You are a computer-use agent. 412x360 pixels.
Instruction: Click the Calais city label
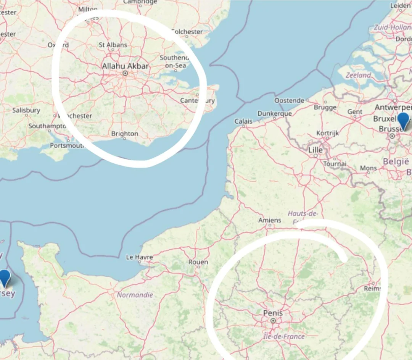point(243,121)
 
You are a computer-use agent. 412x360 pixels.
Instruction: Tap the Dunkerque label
point(274,113)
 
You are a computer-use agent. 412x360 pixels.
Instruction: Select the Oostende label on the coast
point(289,100)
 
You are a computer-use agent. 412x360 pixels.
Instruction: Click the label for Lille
point(315,150)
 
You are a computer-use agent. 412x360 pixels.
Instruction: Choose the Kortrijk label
point(327,133)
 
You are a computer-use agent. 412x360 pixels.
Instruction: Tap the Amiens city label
point(270,220)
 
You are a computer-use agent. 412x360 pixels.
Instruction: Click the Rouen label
point(198,262)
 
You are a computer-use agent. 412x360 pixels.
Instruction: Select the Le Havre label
point(139,257)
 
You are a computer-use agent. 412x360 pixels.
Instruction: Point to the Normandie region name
point(135,295)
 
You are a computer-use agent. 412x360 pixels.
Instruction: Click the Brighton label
point(124,134)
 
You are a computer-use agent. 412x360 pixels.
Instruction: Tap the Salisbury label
point(26,110)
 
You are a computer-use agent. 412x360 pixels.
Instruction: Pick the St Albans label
point(113,45)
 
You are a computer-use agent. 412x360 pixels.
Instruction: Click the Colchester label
point(187,32)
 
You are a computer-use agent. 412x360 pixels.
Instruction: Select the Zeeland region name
point(358,75)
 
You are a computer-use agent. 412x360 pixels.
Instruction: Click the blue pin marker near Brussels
point(403,121)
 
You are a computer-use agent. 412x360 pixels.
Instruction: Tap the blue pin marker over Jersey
point(5,278)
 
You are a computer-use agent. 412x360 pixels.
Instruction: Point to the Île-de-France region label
point(284,336)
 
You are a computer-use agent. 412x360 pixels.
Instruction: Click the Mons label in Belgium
point(368,168)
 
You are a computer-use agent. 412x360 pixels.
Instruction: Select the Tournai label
point(335,164)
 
